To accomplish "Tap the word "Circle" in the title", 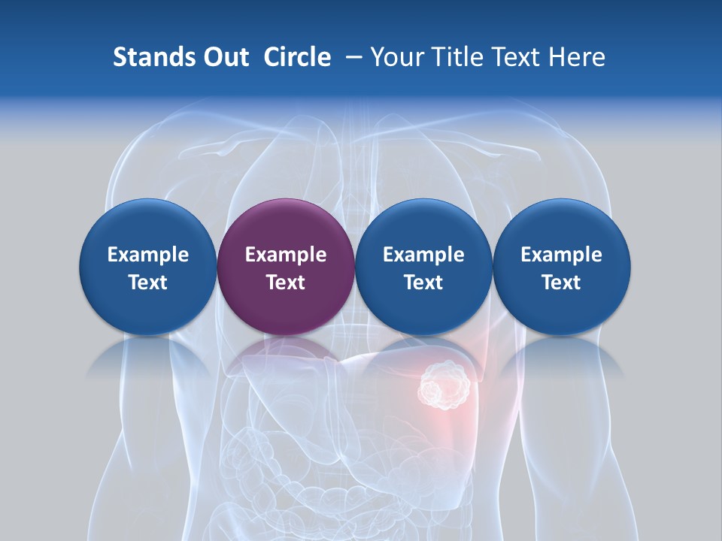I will pos(297,57).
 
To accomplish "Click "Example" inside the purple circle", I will pos(286,255).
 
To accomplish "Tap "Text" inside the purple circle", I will pos(286,283).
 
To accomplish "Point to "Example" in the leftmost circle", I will pos(148,255).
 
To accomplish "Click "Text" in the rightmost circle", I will pos(562,283).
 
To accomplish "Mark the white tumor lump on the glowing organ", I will pos(444,386).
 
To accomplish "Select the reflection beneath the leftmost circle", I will pos(148,357).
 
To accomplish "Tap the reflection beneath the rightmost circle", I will pos(562,357).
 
